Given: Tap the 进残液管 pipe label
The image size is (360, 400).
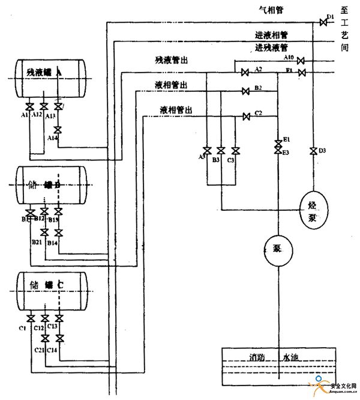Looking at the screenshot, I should click(x=271, y=47).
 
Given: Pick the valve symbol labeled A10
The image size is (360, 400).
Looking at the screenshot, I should click(x=301, y=61).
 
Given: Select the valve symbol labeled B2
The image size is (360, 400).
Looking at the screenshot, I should click(x=245, y=92).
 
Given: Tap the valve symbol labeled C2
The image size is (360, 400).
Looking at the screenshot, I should click(x=245, y=116).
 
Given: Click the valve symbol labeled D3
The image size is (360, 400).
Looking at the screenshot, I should click(x=313, y=151).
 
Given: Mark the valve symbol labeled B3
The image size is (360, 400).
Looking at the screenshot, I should click(x=221, y=150).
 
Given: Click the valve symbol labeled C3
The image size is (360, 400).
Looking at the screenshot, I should click(x=235, y=150).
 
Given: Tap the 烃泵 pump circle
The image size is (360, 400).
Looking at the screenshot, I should click(x=313, y=203).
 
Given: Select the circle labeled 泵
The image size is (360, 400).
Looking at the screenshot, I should click(x=278, y=247).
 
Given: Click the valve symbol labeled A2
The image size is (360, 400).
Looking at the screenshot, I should click(x=245, y=73).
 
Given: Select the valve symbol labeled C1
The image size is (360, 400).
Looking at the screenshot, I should click(x=31, y=318).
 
